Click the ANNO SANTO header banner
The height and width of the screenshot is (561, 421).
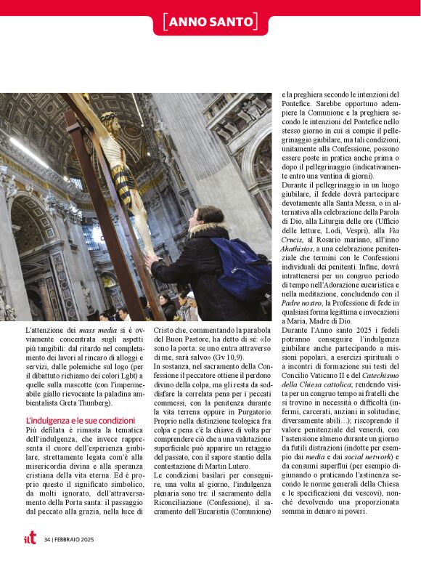click(x=210, y=22)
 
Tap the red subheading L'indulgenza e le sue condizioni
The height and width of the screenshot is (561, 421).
click(x=80, y=420)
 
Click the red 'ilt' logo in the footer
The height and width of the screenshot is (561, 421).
click(x=28, y=538)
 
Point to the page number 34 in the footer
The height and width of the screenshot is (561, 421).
click(x=46, y=539)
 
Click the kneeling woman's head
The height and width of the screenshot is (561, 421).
click(x=210, y=219)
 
